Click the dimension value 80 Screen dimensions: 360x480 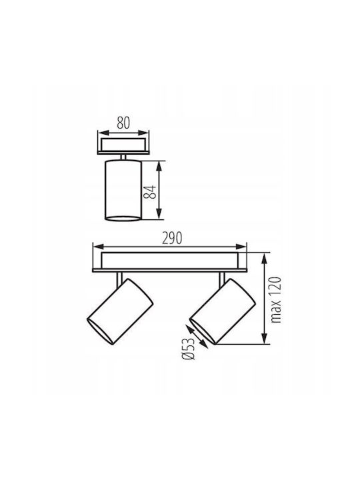(123, 123)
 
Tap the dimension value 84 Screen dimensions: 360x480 (150, 192)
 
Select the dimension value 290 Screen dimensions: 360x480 (172, 238)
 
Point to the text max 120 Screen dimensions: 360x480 (276, 300)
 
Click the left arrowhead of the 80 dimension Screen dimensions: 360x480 (103, 133)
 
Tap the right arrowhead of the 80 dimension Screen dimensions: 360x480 (143, 133)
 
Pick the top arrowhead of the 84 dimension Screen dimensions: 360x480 (159, 166)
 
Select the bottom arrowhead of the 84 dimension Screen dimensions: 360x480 (159, 214)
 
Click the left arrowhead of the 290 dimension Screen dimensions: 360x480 (99, 247)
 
